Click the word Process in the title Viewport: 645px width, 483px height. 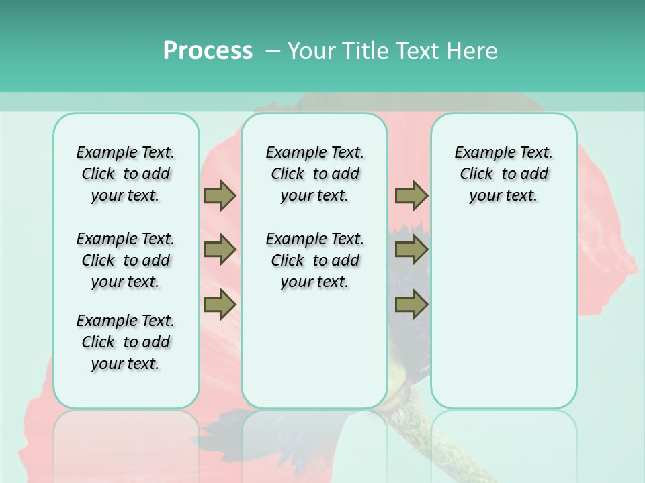pos(208,51)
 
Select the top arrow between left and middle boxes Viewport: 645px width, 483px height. pos(220,196)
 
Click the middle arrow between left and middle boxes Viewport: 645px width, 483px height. pos(220,250)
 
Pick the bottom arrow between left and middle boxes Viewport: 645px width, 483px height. pos(220,305)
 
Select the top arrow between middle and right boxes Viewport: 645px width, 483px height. pos(411,196)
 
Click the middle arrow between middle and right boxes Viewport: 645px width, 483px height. pos(411,250)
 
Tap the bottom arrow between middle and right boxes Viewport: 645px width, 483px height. pos(411,305)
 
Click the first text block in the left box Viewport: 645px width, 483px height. pos(126,174)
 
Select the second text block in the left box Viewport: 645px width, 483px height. pos(126,260)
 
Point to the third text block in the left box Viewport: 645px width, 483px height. pos(126,342)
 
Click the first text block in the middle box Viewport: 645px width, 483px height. pos(314,174)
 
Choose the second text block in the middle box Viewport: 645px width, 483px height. pos(314,260)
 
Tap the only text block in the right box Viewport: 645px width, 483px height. pos(503,174)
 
